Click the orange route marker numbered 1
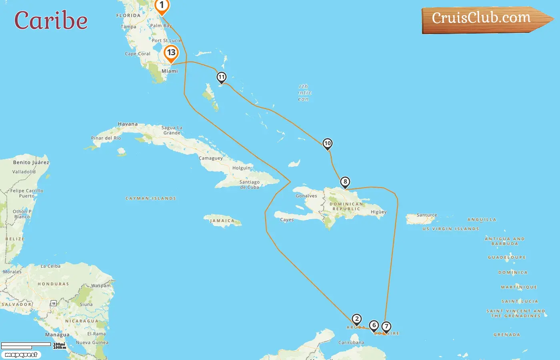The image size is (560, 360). (162, 6)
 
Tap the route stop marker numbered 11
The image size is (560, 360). (222, 77)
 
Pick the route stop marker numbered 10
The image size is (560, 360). (328, 144)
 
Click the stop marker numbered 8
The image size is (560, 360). (345, 182)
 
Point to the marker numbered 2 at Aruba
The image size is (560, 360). (356, 319)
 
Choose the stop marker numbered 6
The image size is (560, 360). (374, 326)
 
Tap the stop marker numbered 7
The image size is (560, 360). (386, 327)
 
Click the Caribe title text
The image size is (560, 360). (51, 20)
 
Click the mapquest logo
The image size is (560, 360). (21, 355)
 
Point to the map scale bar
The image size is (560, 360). (26, 345)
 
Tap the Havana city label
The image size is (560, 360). (128, 124)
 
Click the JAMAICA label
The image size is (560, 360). (222, 221)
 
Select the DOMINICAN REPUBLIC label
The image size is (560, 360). (346, 206)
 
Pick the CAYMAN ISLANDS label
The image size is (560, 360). (151, 198)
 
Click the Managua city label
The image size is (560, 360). (57, 335)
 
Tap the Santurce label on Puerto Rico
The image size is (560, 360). (427, 215)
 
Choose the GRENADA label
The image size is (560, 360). (507, 335)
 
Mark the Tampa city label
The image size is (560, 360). (128, 27)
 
